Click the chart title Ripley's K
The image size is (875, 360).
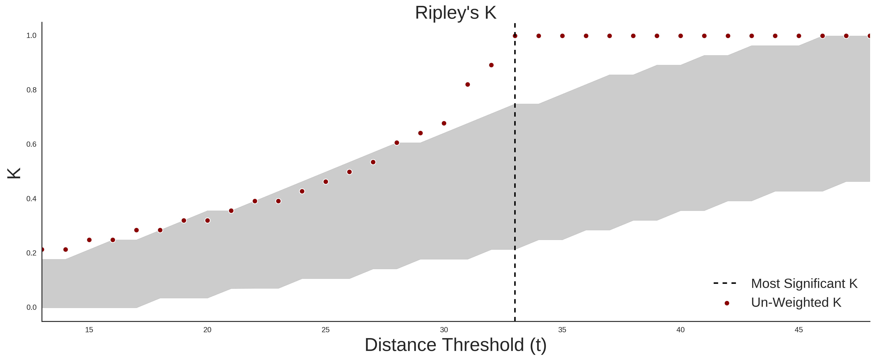455,13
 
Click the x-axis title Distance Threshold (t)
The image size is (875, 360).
455,345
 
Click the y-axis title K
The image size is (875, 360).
14,173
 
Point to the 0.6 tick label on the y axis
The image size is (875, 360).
31,144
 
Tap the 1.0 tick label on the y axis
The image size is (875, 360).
31,36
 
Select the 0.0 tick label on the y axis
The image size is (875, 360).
31,307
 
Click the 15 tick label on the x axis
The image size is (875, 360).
89,330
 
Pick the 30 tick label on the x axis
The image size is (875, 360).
444,330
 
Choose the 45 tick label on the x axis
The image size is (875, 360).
799,330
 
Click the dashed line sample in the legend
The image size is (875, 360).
725,283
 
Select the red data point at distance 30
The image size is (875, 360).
444,123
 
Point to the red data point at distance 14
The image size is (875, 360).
66,250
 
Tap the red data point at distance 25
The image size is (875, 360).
326,182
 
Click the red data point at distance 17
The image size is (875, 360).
137,230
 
